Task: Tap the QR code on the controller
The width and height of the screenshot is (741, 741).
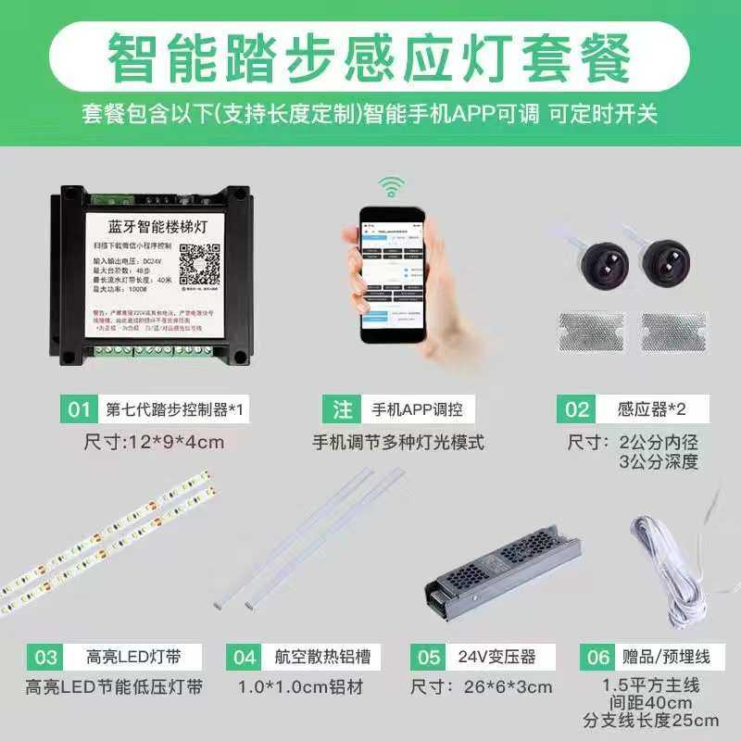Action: (197, 263)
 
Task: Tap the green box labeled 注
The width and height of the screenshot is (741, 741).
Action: (341, 408)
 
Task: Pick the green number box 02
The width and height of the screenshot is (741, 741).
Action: (577, 408)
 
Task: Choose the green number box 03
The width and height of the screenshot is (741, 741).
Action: (45, 657)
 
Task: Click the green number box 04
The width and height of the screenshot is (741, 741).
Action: (245, 657)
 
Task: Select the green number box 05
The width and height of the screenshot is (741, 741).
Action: (429, 657)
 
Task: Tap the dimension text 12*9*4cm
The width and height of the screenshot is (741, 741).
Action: (153, 442)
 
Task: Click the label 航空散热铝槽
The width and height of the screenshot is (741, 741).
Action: (322, 657)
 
